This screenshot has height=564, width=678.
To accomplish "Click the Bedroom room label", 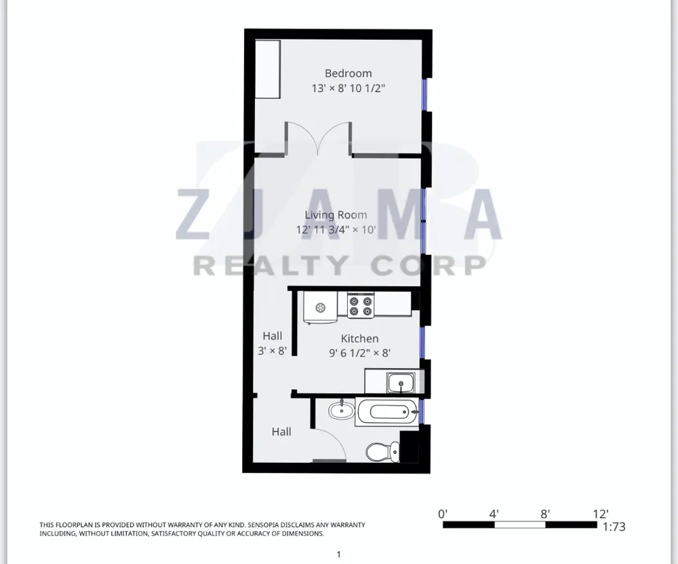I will click(x=348, y=73).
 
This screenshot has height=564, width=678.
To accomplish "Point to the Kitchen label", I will click(x=359, y=338).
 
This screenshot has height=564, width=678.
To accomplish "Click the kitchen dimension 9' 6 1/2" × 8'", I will click(x=359, y=352).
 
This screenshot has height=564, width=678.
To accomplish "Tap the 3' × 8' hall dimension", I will click(x=272, y=350).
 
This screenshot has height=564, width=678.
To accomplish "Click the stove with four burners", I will click(x=361, y=305).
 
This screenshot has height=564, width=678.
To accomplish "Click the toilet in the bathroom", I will click(x=378, y=450).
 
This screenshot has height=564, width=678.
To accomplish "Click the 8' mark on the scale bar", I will click(x=545, y=513).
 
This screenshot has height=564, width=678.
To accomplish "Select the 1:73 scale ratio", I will click(x=614, y=527).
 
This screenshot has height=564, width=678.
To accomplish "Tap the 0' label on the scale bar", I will click(x=443, y=513).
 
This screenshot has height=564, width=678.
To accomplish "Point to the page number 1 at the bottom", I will click(x=338, y=555).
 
